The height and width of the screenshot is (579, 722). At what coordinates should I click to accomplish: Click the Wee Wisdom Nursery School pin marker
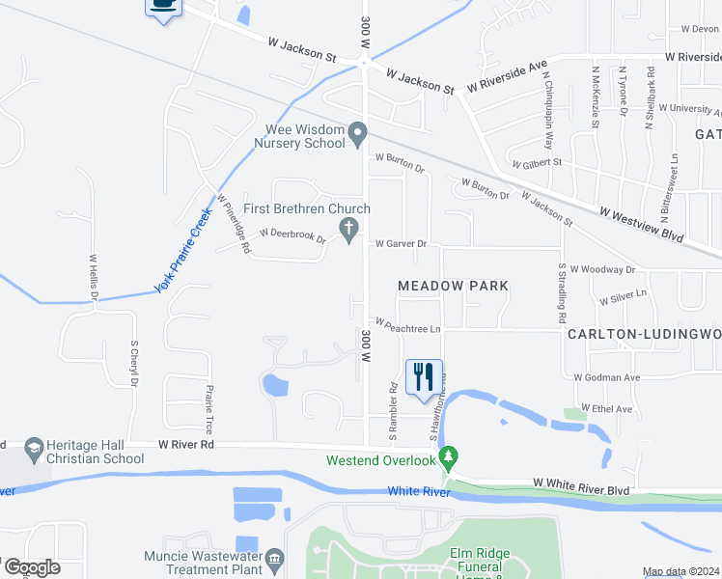[x=358, y=133]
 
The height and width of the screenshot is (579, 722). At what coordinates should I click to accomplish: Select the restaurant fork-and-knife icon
[x=424, y=375]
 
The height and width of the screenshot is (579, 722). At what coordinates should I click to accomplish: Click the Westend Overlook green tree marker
[x=447, y=455]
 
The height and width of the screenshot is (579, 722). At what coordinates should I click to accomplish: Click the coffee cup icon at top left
[x=162, y=6]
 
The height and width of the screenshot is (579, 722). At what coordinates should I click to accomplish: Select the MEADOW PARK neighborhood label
[x=454, y=286]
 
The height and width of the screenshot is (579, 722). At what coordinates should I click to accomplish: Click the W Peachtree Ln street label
[x=407, y=327]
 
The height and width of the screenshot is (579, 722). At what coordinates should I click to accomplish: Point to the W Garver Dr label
[x=401, y=244]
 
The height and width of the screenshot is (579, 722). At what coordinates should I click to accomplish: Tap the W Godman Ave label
[x=607, y=377]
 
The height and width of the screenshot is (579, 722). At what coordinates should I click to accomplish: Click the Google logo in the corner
[x=31, y=567]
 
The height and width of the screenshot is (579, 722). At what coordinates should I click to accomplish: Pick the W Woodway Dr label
[x=603, y=269]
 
